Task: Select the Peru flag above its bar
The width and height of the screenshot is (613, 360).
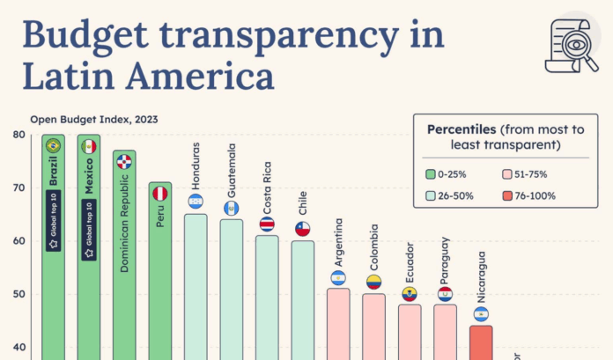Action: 159,193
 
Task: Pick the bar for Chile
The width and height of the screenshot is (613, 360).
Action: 302,299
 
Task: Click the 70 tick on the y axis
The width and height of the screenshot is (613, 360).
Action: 18,187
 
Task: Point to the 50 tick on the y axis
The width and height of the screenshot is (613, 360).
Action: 18,294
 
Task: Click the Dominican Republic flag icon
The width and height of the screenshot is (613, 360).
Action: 124,162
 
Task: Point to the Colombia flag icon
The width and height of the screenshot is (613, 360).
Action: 373,283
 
